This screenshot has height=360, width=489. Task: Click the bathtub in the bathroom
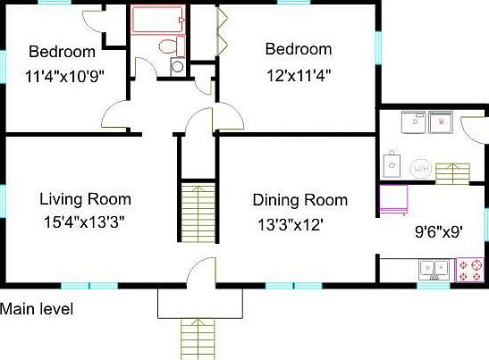coord(157,19)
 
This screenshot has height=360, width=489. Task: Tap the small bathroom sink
coord(177,66)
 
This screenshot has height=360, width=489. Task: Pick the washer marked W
coord(441,121)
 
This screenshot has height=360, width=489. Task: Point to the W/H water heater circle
coord(420,168)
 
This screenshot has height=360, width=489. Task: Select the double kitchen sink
coord(435,268)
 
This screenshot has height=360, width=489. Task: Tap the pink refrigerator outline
coord(395,197)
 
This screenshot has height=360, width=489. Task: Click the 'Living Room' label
coord(86,199)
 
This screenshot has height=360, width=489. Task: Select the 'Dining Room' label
coord(299,199)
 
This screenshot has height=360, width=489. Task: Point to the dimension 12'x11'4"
coord(299,75)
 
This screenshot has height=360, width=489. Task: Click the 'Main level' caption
coord(37,310)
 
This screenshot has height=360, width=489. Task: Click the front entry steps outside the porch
coord(199,339)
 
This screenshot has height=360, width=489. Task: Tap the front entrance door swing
coord(202,272)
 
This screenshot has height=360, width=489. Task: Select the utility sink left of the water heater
coord(391,164)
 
